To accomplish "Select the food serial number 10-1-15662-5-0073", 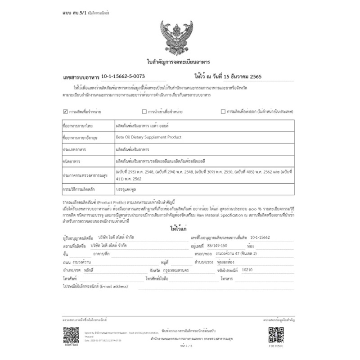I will click(123, 77).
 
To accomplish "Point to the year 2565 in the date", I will click(256, 77).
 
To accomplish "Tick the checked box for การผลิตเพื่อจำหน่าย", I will click(65, 111).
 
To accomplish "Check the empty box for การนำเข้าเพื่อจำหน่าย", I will click(144, 111).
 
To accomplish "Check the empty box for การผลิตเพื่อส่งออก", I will click(223, 111).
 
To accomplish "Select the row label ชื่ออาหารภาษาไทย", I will click(79, 125).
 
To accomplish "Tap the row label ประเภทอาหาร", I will click(75, 148).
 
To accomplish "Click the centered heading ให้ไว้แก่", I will click(179, 229).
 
